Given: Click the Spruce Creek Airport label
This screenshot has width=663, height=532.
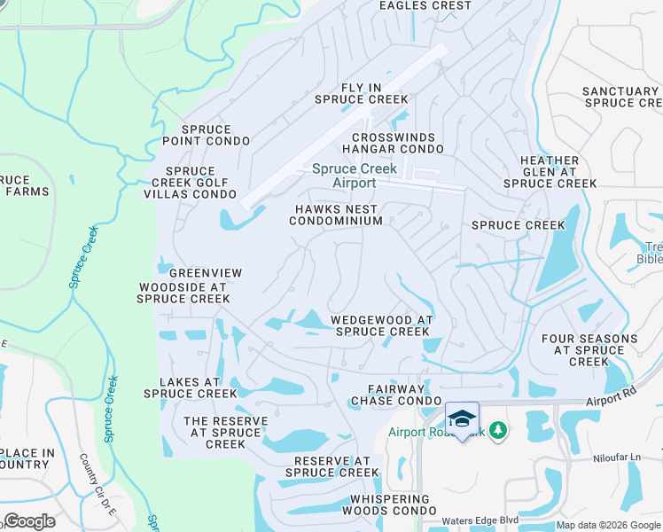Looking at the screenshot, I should [342, 176].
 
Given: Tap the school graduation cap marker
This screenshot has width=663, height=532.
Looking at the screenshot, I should [461, 419].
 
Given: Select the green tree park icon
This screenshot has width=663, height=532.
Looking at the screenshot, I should [498, 431].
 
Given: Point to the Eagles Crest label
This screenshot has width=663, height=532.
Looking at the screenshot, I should [425, 6].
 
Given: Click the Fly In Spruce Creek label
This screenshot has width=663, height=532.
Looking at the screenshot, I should [361, 94].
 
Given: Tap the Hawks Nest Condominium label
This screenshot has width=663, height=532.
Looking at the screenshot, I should [339, 215].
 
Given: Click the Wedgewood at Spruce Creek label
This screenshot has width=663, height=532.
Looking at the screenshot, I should [381, 325].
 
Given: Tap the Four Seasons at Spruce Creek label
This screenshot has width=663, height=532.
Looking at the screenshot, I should [589, 350].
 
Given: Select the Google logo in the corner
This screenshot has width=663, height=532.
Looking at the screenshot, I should [29, 521].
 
